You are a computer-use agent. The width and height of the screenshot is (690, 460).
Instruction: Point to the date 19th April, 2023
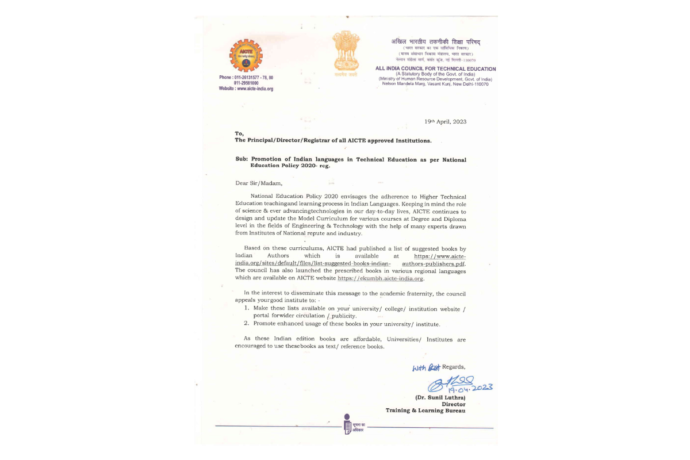446,121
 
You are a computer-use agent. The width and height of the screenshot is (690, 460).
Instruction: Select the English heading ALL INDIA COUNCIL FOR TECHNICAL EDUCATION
435,69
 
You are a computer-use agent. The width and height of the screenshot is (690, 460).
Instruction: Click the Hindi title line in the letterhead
435,42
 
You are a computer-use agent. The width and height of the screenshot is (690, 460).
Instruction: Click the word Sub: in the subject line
241,159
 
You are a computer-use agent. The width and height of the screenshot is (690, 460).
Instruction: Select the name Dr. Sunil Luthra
440,397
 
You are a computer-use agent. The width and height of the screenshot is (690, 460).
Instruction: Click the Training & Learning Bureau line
425,411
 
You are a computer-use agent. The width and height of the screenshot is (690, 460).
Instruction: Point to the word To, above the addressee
239,133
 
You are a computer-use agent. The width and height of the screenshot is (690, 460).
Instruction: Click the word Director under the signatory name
453,404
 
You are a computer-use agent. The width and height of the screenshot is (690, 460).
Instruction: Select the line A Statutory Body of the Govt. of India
435,74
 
